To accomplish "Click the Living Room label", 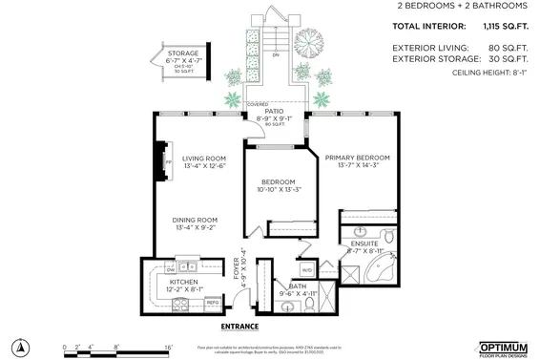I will coord(204,159).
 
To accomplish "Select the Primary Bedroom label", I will coord(357,158).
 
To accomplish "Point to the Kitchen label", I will coord(183,282).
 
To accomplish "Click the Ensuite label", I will coord(363,244).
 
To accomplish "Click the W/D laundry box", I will coord(306,270).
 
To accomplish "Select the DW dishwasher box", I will coord(171,267).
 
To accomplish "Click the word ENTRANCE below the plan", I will coord(239,327).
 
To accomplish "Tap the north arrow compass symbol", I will coord(20,345).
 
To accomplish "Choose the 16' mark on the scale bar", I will coord(168,347).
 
